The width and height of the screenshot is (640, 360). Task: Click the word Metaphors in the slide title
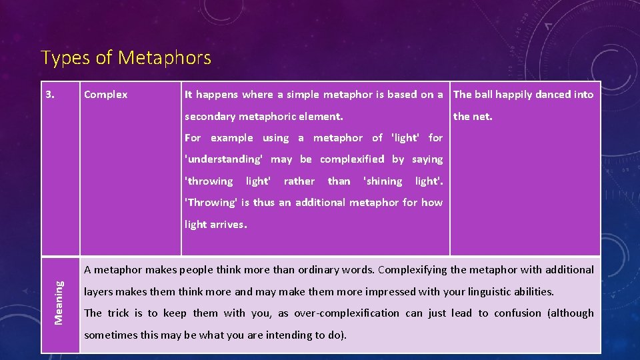[165, 58]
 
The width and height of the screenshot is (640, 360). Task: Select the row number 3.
[51, 95]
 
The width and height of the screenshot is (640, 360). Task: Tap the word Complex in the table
[105, 95]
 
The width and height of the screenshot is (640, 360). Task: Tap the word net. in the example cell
[483, 117]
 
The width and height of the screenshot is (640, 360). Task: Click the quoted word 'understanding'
[224, 159]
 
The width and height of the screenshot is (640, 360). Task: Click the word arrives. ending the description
[228, 225]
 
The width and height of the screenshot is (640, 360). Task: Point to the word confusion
[517, 313]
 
